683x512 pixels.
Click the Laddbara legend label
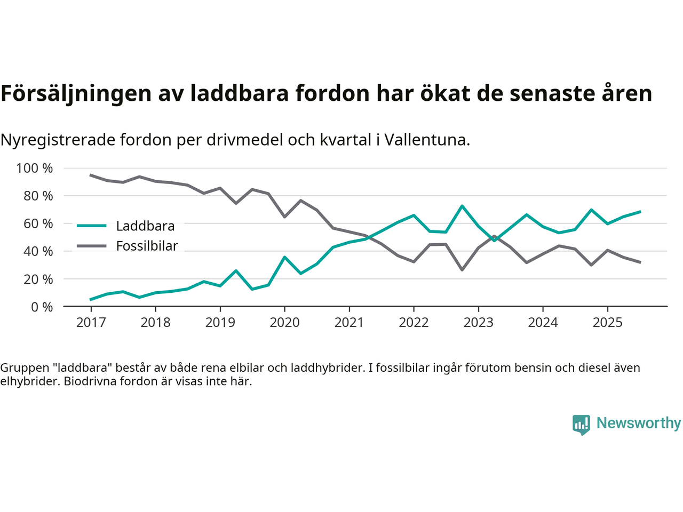coord(145,226)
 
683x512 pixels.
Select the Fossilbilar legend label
coord(147,246)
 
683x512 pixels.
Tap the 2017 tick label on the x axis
coord(91,323)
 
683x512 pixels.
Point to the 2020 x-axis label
coord(284,323)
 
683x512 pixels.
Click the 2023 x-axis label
coord(478,323)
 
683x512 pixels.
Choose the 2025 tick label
coord(607,323)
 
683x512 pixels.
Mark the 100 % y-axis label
coord(35,169)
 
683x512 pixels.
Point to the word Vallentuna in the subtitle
coord(426,140)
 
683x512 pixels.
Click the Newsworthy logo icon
coord(581,425)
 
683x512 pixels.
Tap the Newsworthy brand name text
coord(639,423)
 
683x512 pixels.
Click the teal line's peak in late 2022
coord(462,206)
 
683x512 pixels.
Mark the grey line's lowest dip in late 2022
coord(462,270)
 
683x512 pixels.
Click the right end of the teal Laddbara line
coord(640,212)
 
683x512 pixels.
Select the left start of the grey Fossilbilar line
coord(91,175)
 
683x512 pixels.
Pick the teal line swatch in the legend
coord(92,226)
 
